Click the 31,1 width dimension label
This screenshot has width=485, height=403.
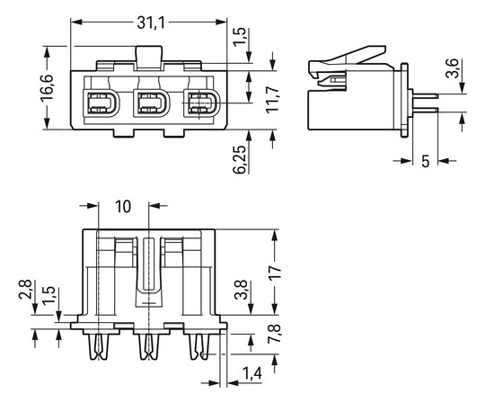(151, 22)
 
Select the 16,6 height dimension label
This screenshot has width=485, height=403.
(47, 87)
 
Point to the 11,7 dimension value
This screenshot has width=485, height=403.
(272, 100)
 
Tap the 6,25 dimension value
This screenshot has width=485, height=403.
(240, 159)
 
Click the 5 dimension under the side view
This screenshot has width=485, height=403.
(426, 161)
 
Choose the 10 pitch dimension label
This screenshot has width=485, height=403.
(123, 206)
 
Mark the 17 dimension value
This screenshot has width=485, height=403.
(275, 273)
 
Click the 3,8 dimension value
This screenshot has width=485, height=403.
(241, 290)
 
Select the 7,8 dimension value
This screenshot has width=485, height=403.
(274, 334)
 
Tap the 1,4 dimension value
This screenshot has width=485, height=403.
(251, 373)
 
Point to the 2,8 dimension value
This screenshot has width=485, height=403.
(25, 290)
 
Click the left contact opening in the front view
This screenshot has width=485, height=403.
(101, 103)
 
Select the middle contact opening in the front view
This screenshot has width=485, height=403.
(152, 103)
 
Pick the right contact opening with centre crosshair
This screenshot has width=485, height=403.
(202, 103)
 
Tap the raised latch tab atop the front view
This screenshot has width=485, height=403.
(149, 58)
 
